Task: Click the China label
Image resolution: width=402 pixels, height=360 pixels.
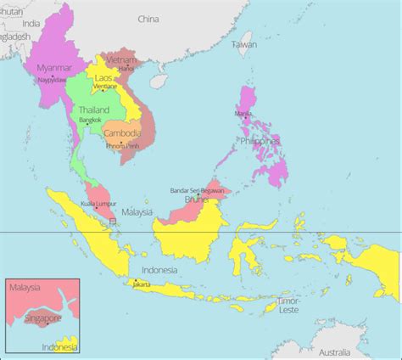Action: point(148,19)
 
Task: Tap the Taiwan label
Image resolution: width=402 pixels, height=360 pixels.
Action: point(244,43)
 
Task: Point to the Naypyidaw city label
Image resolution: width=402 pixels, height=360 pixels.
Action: point(53,80)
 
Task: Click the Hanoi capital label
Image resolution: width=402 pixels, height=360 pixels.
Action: point(126,68)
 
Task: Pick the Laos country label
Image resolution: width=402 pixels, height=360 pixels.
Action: point(103,78)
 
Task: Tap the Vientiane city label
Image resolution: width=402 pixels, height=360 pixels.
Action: point(106,87)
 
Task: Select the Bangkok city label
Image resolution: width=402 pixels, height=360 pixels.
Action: point(90,121)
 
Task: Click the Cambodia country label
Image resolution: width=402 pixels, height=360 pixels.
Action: point(122,133)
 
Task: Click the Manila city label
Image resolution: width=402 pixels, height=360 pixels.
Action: point(243,113)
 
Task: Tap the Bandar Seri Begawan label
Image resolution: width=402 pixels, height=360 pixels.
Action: point(198,190)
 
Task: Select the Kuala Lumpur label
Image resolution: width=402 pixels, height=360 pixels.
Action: point(98,204)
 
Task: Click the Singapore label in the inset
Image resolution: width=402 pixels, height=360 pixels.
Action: point(43,318)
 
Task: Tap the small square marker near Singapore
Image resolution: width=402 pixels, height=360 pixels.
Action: point(114,222)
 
